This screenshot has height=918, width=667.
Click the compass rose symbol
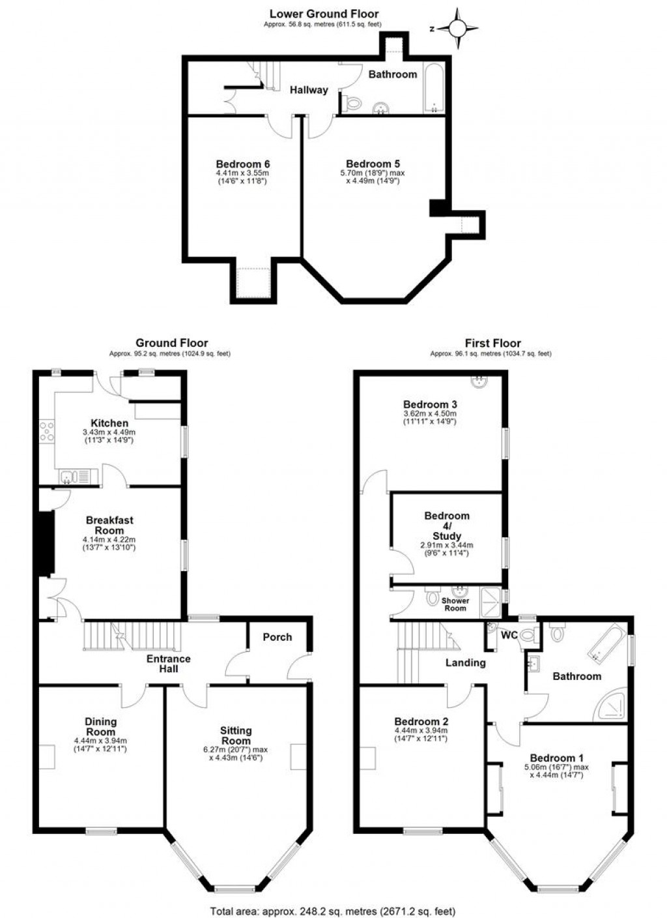tap(458, 29)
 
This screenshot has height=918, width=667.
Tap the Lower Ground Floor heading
tap(324, 14)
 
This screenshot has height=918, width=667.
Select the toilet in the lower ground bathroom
tap(351, 102)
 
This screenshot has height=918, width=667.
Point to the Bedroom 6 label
tap(243, 164)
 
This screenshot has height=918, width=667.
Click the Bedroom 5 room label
tap(373, 164)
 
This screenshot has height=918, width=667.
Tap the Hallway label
tap(309, 90)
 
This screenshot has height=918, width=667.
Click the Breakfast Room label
tap(109, 525)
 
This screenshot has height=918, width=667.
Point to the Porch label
tap(277, 637)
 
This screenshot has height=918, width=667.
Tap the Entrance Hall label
tap(169, 664)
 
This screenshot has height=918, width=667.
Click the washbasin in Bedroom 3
tap(479, 382)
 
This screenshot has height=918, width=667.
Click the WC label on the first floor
tap(509, 635)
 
